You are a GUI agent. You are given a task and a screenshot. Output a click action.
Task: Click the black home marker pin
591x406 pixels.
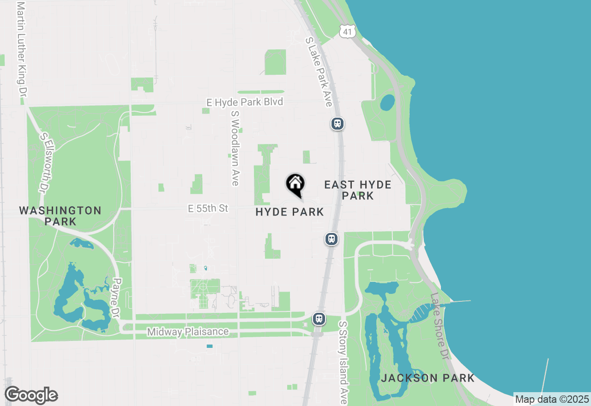point(295,185)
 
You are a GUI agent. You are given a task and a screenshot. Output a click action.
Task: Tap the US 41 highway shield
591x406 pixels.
point(346,30)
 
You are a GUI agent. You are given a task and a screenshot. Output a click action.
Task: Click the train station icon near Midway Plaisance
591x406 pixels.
point(319,319)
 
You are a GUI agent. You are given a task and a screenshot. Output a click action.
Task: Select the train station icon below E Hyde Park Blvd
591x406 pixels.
point(338,124)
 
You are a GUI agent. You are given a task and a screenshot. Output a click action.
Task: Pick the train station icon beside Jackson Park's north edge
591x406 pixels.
point(331,239)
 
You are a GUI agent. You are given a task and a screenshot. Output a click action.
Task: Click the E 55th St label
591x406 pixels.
point(208,209)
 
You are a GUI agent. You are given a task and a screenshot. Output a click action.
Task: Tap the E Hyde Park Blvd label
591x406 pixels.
point(245,102)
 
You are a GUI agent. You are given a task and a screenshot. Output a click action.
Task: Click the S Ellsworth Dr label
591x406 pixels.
point(48,161)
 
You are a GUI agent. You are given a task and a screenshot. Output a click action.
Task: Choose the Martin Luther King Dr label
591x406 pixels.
point(20,48)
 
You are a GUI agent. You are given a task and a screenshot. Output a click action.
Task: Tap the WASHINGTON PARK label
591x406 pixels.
point(60,215)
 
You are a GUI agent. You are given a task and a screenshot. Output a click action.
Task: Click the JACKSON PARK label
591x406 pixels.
point(428,378)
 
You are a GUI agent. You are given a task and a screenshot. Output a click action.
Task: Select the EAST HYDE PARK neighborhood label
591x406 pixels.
point(358,190)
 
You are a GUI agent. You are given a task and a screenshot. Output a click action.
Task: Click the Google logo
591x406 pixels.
point(31,395)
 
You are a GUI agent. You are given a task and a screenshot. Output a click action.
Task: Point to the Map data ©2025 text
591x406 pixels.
point(552,399)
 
